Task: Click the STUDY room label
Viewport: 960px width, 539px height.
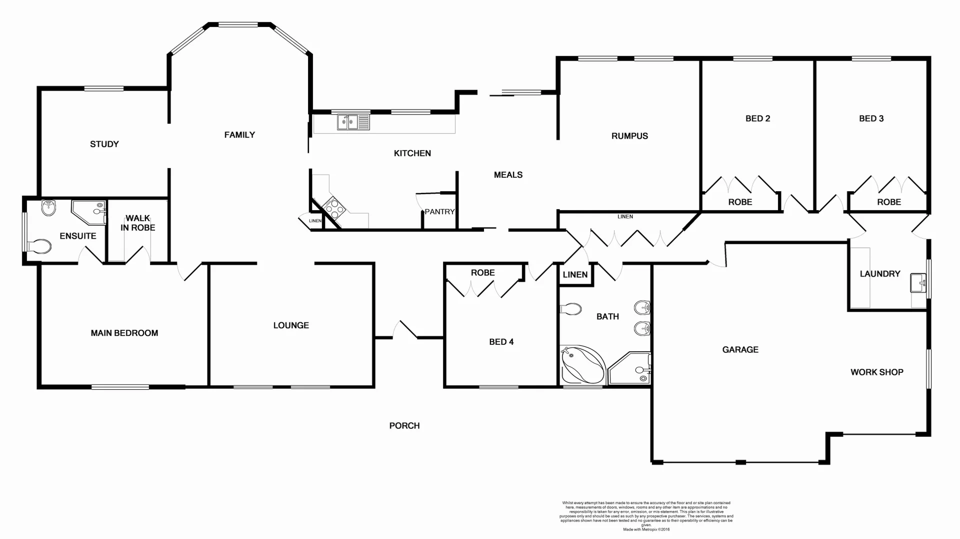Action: tap(104, 144)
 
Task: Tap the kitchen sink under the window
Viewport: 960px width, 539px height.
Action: tap(353, 122)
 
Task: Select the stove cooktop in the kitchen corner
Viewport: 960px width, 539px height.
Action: tap(333, 208)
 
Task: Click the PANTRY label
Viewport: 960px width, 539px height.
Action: tap(439, 212)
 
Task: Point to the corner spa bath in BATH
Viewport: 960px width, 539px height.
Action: tap(581, 365)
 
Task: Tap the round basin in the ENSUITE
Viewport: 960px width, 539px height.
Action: tap(48, 208)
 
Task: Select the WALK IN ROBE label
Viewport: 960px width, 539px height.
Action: tap(137, 223)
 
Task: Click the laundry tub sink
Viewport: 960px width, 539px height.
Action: tap(918, 283)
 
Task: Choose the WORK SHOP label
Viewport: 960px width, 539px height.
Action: tap(876, 372)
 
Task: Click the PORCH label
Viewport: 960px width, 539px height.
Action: tap(404, 426)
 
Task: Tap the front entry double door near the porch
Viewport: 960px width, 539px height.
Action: tap(405, 331)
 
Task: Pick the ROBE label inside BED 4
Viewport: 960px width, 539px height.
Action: tap(482, 273)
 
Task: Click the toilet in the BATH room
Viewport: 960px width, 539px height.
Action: tap(571, 309)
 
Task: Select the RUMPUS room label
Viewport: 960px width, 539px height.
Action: tap(629, 136)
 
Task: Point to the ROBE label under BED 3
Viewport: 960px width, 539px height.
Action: tap(888, 202)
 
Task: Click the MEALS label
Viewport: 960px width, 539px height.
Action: tap(508, 175)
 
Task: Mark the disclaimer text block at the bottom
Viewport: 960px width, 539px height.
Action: tap(646, 516)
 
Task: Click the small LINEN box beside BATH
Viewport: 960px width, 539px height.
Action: tap(575, 275)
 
